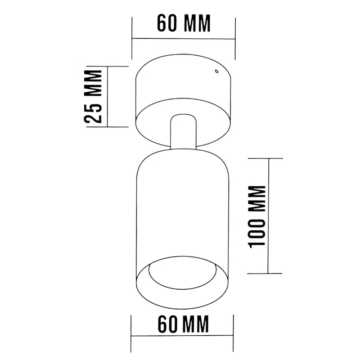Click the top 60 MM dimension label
click(184, 23)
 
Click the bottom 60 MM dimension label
click(184, 324)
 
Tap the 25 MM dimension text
click(93, 97)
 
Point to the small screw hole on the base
click(216, 71)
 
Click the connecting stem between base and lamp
click(183, 131)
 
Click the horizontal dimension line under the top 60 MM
click(184, 39)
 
